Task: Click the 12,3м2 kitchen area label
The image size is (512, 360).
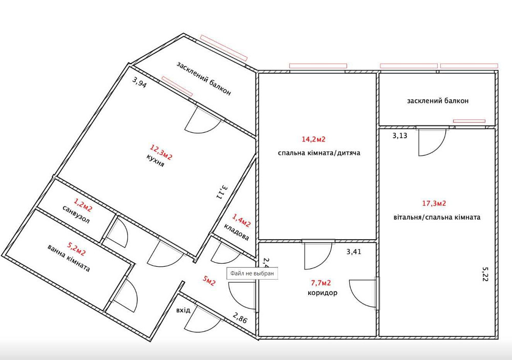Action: pyautogui.click(x=161, y=153)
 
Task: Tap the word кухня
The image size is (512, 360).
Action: pyautogui.click(x=156, y=160)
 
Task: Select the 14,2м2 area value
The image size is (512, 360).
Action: pyautogui.click(x=313, y=139)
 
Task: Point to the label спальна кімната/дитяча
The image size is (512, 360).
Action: pyautogui.click(x=319, y=153)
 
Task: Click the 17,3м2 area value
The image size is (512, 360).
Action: pyautogui.click(x=434, y=203)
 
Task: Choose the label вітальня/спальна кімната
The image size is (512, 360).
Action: pyautogui.click(x=437, y=217)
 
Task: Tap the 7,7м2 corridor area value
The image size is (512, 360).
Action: pyautogui.click(x=321, y=283)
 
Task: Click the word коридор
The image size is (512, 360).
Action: pyautogui.click(x=323, y=293)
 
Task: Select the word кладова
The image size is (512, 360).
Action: pyautogui.click(x=237, y=232)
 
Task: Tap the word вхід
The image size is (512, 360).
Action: pyautogui.click(x=183, y=310)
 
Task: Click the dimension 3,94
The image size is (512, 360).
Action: pyautogui.click(x=139, y=82)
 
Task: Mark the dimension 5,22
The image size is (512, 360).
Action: pyautogui.click(x=485, y=274)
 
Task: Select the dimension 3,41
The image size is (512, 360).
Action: pyautogui.click(x=354, y=252)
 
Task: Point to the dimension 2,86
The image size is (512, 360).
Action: pyautogui.click(x=240, y=318)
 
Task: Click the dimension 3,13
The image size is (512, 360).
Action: pyautogui.click(x=400, y=135)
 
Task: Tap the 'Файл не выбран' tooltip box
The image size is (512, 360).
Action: pyautogui.click(x=252, y=273)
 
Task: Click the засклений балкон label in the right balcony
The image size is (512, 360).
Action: pyautogui.click(x=438, y=100)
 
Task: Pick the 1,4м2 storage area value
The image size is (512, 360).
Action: pyautogui.click(x=241, y=220)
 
